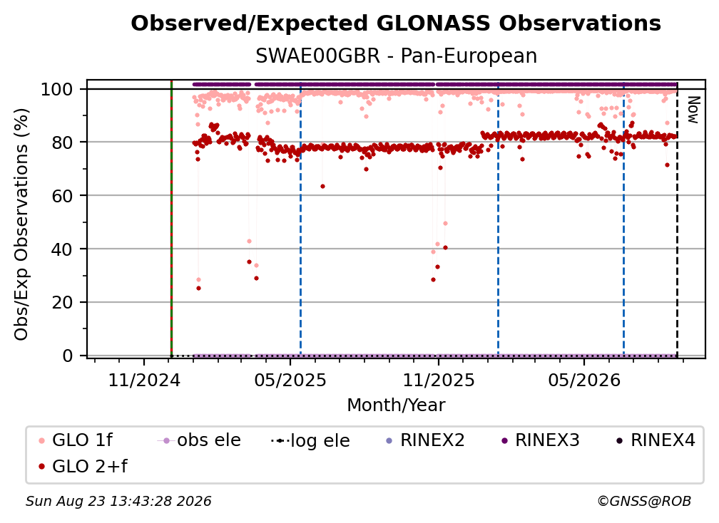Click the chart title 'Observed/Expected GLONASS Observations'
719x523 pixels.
(x=396, y=24)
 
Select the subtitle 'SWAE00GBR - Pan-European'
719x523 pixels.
(x=396, y=56)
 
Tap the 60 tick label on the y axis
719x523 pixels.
(x=62, y=196)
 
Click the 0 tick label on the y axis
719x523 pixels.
(x=68, y=356)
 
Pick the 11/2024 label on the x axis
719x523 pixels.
(x=144, y=380)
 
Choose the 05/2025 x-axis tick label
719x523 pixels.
(x=290, y=380)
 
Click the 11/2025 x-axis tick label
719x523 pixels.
(x=439, y=380)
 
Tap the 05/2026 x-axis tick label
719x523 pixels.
(x=584, y=380)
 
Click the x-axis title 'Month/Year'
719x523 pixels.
(x=396, y=405)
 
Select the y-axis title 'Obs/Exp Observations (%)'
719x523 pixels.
(x=21, y=224)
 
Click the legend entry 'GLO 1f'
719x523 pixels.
(x=76, y=440)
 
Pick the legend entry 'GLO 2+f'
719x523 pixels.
(x=83, y=467)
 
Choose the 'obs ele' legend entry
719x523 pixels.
(x=199, y=440)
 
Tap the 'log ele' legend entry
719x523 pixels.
(x=310, y=441)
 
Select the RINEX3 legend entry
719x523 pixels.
(x=541, y=440)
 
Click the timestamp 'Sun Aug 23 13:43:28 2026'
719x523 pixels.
(x=118, y=502)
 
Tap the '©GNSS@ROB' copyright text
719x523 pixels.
(x=644, y=502)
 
